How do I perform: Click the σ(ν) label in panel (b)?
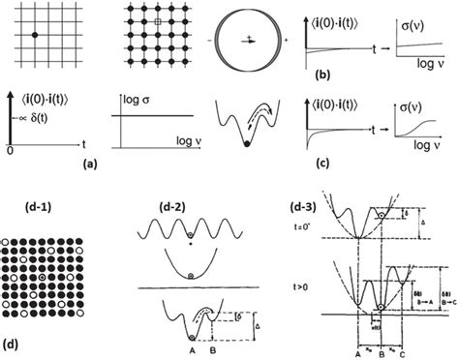pyautogui.click(x=413, y=16)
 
